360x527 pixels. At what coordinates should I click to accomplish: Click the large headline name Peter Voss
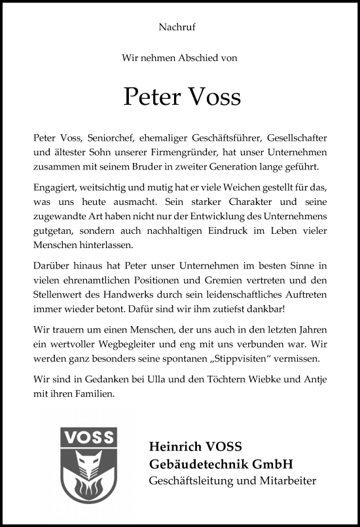(x=182, y=96)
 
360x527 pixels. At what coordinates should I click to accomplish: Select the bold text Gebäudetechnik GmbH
(x=221, y=464)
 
